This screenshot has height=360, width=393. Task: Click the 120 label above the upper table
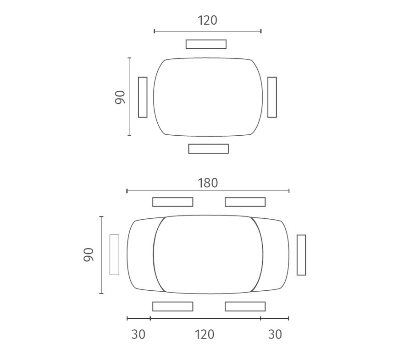point(208,20)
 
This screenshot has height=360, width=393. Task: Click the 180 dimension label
point(208,183)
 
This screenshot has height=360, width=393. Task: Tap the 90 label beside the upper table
point(120,97)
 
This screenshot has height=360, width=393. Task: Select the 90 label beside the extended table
point(88,255)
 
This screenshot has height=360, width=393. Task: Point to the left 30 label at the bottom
point(138,334)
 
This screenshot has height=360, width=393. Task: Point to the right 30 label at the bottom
point(275,334)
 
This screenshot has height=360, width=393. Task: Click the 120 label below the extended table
point(205,334)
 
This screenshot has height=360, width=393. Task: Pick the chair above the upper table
point(206,44)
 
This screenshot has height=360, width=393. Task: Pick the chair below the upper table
point(209,149)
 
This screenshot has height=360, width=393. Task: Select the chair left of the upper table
point(143,97)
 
